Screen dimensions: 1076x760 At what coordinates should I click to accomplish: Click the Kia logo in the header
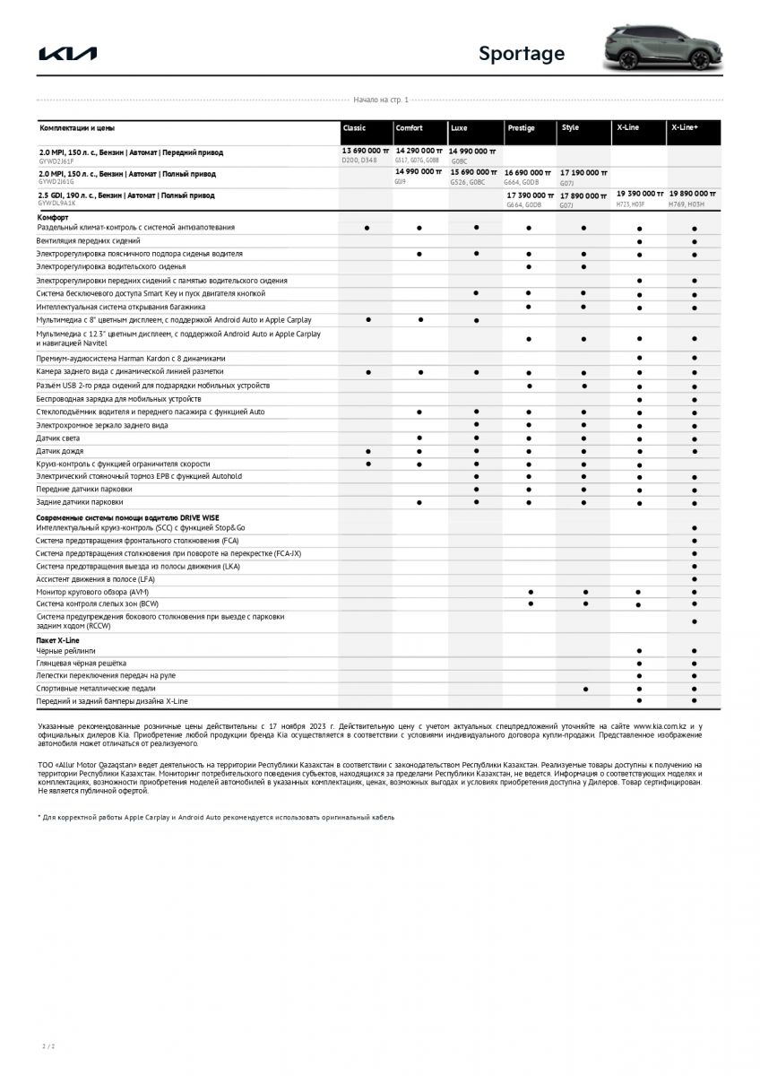coord(68,54)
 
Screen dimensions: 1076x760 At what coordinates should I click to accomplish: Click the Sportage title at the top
coord(521,54)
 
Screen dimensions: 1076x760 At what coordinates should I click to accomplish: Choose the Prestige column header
coord(521,128)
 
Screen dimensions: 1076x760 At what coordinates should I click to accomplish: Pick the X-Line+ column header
coord(684,128)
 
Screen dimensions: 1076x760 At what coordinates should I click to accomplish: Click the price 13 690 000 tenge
coord(366,151)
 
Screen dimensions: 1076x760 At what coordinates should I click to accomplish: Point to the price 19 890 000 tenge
coord(693,193)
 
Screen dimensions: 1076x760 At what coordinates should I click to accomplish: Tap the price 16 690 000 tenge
coord(530,171)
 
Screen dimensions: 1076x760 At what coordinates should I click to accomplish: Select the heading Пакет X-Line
coord(57,640)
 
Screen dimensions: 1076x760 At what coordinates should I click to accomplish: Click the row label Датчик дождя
coord(60,451)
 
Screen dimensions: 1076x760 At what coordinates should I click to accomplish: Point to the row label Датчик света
coord(59,438)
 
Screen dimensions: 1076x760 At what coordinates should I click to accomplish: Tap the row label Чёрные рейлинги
coord(65,650)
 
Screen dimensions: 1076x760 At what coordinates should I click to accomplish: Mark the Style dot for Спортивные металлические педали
coord(585,689)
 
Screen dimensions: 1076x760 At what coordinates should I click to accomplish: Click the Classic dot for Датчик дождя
coord(368,451)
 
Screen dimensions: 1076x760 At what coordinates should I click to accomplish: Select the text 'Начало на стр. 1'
coord(380,100)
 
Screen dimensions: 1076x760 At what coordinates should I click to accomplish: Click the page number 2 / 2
coord(48,1046)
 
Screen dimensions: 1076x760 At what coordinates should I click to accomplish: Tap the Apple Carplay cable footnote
coord(215,818)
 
